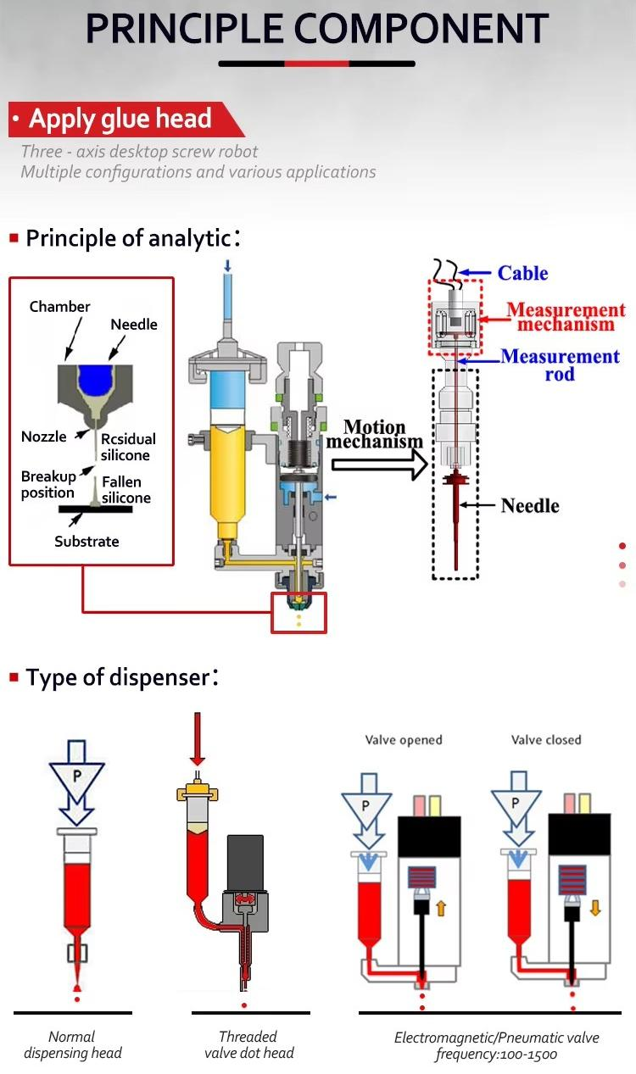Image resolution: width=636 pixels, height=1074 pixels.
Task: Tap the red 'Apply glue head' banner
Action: pyautogui.click(x=120, y=120)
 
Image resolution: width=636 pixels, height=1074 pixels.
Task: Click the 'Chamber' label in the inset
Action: pyautogui.click(x=59, y=306)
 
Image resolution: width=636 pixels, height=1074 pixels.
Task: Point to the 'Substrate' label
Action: pyautogui.click(x=86, y=541)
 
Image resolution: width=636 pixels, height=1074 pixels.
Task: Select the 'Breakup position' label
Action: pyautogui.click(x=47, y=485)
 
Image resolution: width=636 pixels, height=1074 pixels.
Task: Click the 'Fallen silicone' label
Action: pyautogui.click(x=126, y=490)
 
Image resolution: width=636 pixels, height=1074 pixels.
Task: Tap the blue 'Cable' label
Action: pyautogui.click(x=522, y=273)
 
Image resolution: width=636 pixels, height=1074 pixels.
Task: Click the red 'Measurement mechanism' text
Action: pyautogui.click(x=566, y=317)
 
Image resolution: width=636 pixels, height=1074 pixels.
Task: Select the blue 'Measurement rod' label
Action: pyautogui.click(x=561, y=364)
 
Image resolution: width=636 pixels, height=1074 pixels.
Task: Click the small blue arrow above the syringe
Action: pyautogui.click(x=227, y=266)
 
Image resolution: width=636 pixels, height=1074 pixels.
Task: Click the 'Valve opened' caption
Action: pyautogui.click(x=404, y=740)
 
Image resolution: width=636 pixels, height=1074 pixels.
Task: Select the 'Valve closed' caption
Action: pyautogui.click(x=546, y=740)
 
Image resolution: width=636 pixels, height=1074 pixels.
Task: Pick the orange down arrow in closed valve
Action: pyautogui.click(x=595, y=907)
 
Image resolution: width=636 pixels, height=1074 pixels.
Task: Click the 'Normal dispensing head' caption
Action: pyautogui.click(x=72, y=1044)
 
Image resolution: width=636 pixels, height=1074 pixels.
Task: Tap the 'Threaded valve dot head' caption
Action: pyautogui.click(x=248, y=1044)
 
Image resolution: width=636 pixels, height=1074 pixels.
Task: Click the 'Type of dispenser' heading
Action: pyautogui.click(x=116, y=677)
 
